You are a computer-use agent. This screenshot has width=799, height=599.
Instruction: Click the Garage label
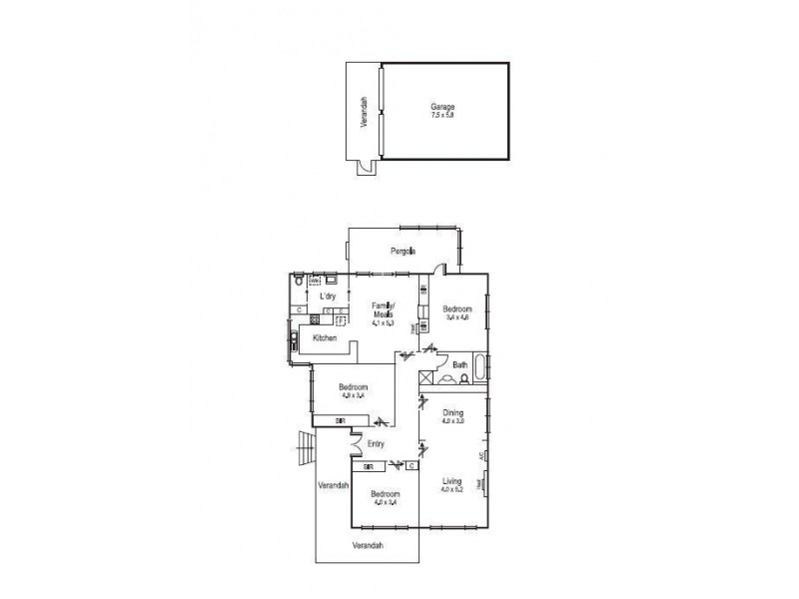tap(442, 106)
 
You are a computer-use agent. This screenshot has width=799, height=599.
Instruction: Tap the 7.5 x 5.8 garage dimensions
tap(442, 115)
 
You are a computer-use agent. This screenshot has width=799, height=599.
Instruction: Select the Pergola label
tap(403, 251)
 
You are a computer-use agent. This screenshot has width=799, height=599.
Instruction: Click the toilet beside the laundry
tap(300, 285)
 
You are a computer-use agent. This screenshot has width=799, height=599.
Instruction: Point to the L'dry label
tap(327, 298)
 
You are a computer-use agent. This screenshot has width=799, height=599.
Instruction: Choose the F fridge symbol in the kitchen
tap(340, 321)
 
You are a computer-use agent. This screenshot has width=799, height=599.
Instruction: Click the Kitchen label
tap(326, 339)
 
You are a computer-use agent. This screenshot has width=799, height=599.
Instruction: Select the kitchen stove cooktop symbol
tap(315, 319)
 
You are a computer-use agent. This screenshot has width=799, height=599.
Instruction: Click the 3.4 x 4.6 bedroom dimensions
tap(456, 317)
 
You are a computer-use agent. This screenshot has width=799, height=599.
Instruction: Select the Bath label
tap(460, 365)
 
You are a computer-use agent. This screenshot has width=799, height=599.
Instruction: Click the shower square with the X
tap(426, 378)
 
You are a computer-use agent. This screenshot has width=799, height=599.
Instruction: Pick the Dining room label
tap(453, 414)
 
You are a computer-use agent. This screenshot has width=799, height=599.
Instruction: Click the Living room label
tap(453, 482)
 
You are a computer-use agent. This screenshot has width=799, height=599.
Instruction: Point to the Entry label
tap(377, 444)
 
